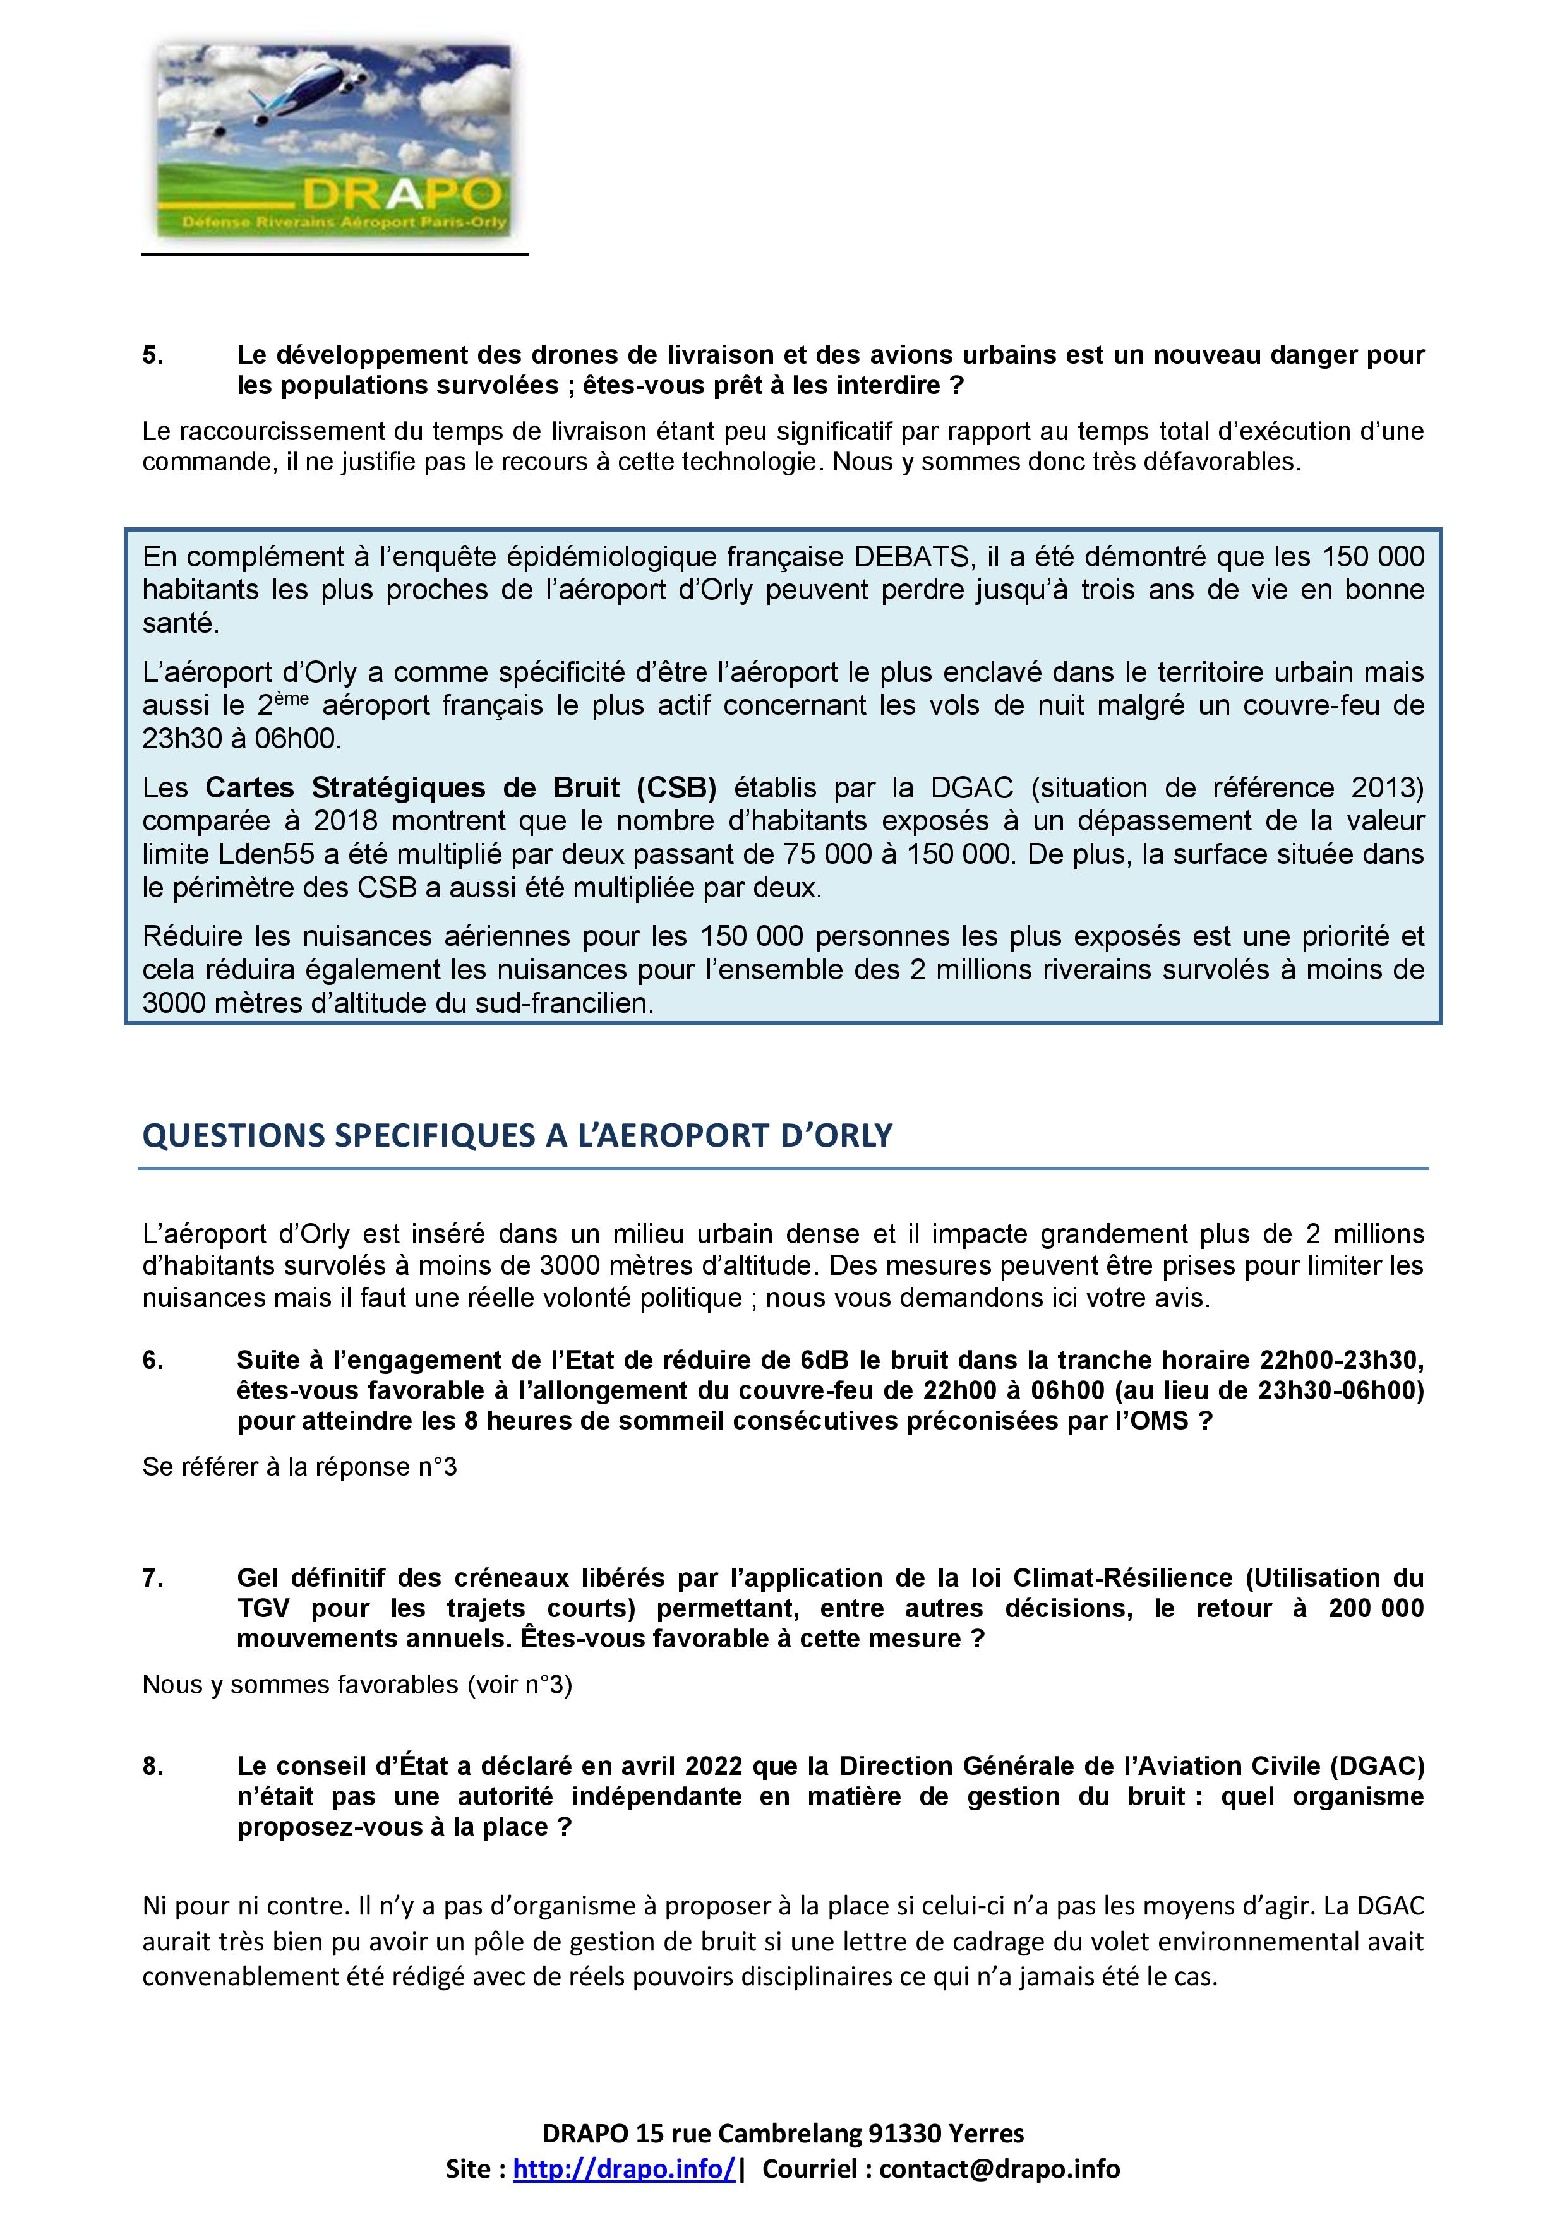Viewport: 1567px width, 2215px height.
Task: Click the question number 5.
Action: click(152, 355)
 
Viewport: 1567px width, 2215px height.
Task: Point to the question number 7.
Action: click(152, 1579)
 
